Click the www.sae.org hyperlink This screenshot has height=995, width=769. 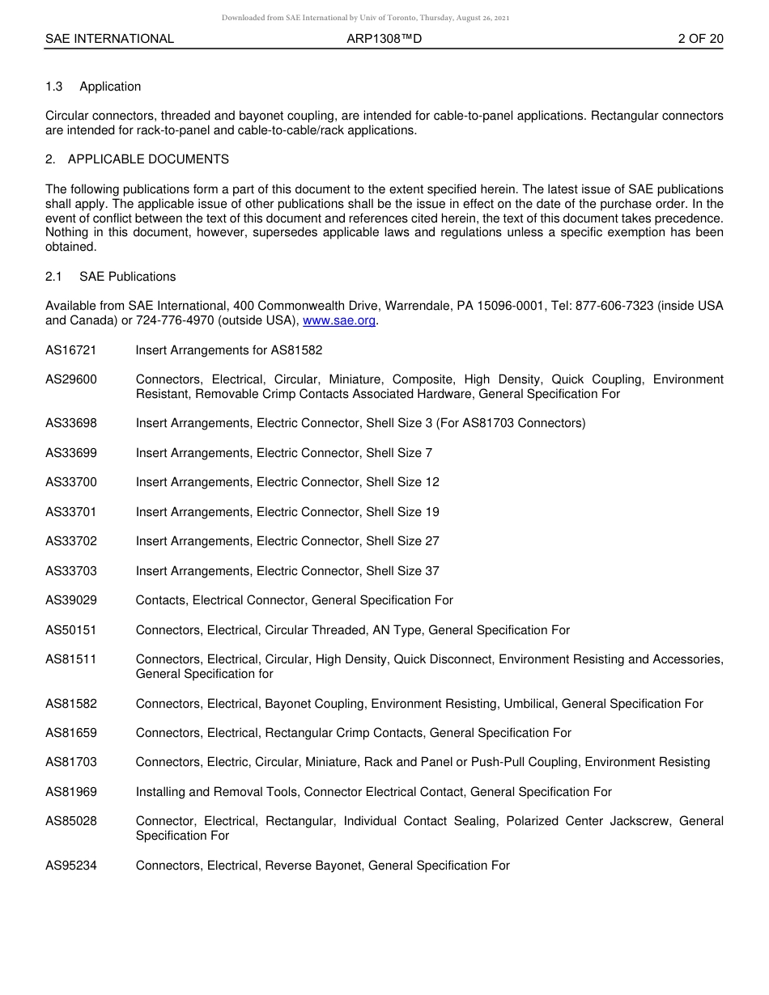(x=339, y=321)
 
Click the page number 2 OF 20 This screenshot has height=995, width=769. (x=700, y=39)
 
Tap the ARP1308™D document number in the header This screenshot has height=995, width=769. (x=384, y=39)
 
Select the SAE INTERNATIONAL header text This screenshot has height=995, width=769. (x=109, y=39)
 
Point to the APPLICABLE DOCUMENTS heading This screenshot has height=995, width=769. (x=148, y=159)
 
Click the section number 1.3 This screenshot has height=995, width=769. (x=54, y=87)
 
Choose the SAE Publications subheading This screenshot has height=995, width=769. (x=127, y=277)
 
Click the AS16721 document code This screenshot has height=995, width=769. (x=71, y=350)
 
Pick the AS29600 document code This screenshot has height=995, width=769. (x=71, y=379)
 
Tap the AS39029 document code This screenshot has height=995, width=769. (x=71, y=600)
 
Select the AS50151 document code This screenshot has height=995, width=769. (x=71, y=630)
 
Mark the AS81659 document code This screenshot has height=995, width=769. (x=71, y=733)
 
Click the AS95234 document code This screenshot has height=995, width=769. (x=71, y=866)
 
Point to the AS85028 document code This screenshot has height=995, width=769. (x=71, y=821)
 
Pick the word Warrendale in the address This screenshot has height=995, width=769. (x=416, y=307)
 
